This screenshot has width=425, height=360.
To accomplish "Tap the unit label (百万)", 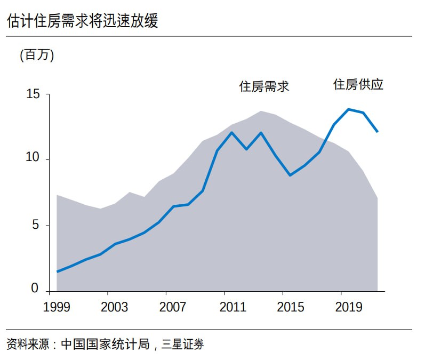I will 37,55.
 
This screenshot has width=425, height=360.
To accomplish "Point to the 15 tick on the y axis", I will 33,94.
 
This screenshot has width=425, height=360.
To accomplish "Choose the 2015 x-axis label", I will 290,308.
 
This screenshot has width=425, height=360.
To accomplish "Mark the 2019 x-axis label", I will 348,308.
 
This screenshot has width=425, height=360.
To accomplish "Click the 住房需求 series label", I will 264,86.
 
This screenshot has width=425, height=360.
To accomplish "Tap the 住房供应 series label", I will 358,84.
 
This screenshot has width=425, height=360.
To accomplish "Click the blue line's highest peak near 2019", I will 348,109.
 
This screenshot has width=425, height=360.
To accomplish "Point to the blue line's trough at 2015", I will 290,175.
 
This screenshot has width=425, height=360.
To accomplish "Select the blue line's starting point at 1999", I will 57,271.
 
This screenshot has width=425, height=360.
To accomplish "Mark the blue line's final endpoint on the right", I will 378,131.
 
